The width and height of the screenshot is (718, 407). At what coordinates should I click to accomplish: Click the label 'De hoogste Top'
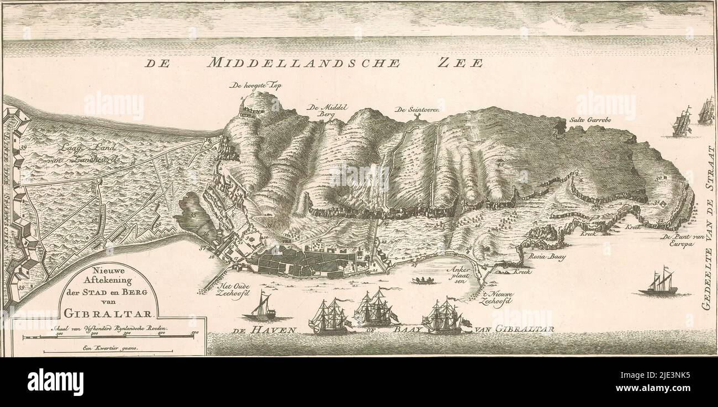pos(254,86)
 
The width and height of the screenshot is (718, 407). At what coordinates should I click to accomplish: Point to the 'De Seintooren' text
pos(417,110)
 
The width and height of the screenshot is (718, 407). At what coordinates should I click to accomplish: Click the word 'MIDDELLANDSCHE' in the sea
pos(303,63)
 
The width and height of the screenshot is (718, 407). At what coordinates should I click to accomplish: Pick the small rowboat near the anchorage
pos(423,281)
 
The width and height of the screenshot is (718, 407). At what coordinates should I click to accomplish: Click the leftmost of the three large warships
pos(329,318)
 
